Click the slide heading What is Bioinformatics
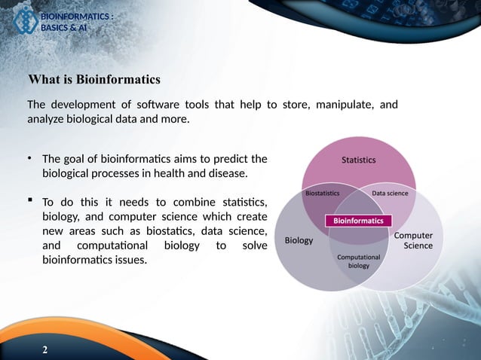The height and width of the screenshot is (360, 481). (x=94, y=79)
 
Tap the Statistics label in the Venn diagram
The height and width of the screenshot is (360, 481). (x=358, y=160)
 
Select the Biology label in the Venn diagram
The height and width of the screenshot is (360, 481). (x=299, y=241)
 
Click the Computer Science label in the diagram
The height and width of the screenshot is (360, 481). (x=414, y=240)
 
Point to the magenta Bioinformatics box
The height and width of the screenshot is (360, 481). (x=358, y=221)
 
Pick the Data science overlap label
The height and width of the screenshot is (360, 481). (x=390, y=194)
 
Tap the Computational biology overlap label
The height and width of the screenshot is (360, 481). (x=358, y=261)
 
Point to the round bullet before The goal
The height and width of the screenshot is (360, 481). (x=29, y=158)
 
